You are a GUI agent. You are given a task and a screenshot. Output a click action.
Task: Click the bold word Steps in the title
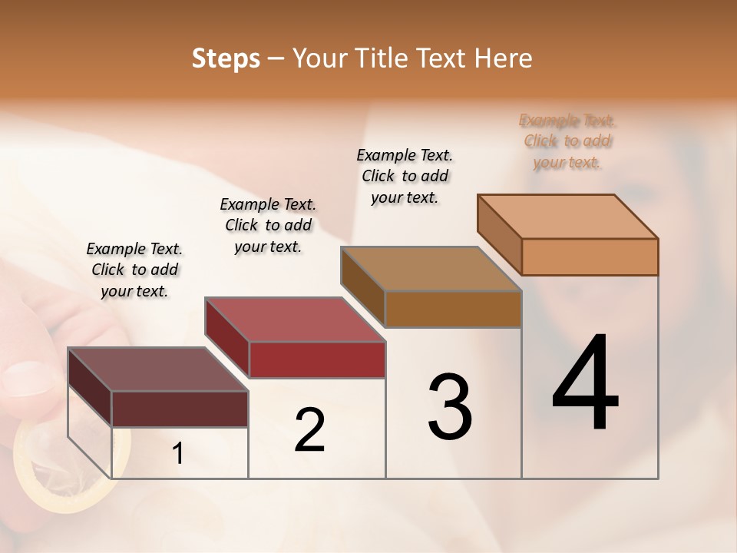point(226,58)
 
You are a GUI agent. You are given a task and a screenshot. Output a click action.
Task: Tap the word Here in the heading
point(504,58)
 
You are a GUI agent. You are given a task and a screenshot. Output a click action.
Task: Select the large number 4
point(585,384)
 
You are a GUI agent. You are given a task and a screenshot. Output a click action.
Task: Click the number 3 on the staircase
point(450,407)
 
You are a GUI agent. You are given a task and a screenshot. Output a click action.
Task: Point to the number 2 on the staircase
point(309,430)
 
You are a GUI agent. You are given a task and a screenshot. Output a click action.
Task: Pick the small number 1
point(177,454)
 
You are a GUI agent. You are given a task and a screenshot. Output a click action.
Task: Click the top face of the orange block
point(568,216)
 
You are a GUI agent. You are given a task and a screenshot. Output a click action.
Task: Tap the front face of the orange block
point(590,257)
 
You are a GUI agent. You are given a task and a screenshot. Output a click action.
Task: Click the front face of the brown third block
point(453,309)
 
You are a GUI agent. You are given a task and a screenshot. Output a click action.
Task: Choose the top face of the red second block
point(295,320)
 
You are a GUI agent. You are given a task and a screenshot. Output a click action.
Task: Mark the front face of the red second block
point(316,359)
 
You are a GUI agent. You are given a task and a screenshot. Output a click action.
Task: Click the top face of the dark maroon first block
point(158,369)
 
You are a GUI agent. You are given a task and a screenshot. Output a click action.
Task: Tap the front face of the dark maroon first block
point(180,409)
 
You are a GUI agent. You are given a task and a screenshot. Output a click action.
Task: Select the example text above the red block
point(268,225)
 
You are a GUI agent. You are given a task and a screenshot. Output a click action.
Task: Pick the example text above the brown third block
point(405,176)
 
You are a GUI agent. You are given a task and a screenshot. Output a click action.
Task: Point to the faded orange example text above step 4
point(567,141)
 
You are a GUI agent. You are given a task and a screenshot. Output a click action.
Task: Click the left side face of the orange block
point(500,234)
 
